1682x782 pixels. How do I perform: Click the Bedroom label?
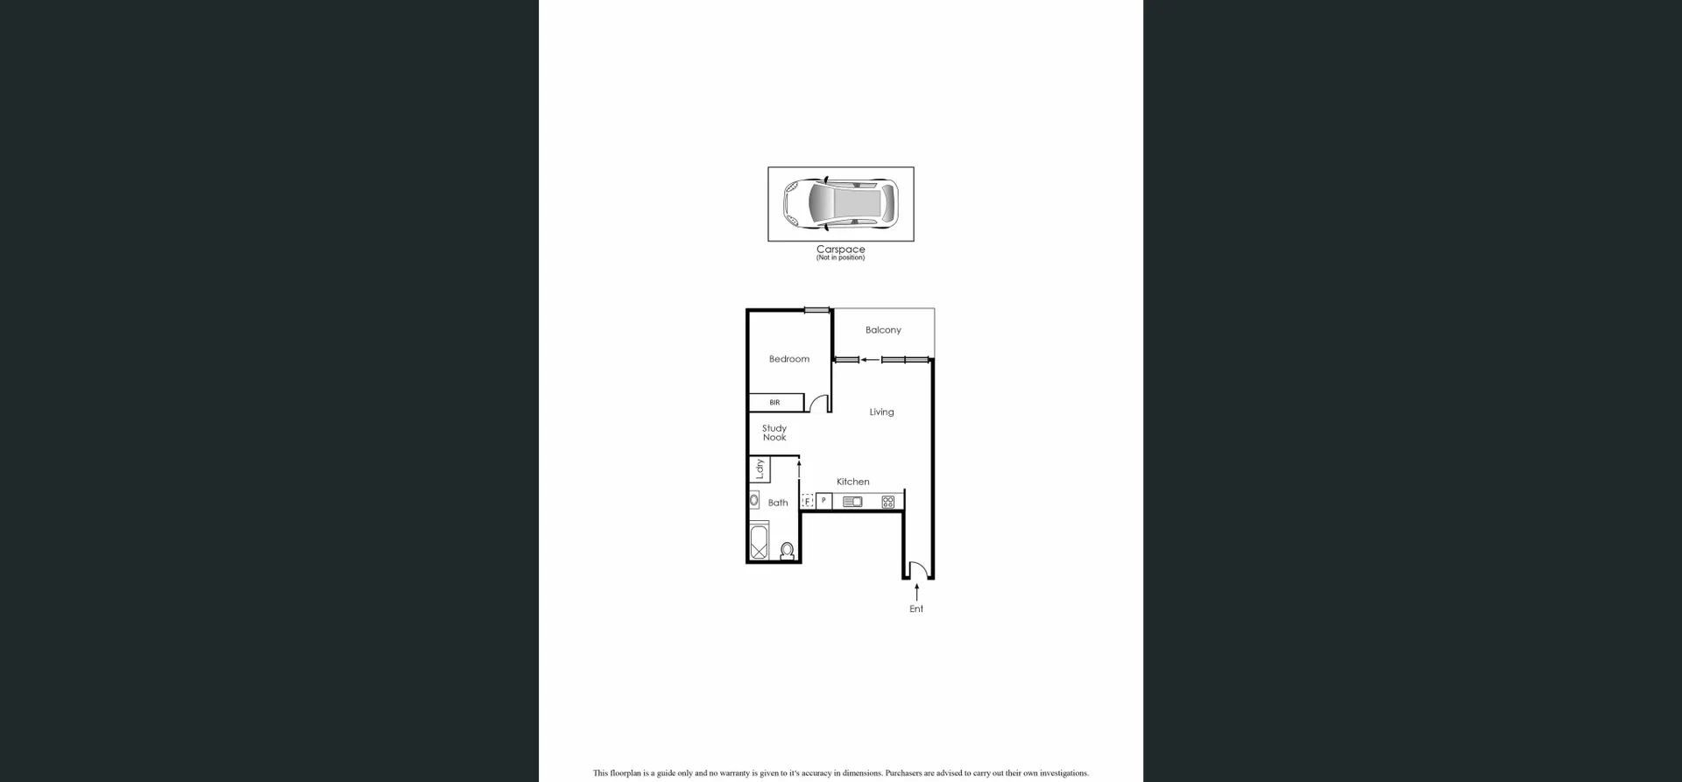788,359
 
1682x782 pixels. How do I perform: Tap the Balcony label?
882,330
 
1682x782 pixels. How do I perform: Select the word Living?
881,412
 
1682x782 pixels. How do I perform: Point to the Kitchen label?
852,482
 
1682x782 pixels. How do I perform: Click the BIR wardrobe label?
774,403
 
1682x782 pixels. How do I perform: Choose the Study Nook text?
774,433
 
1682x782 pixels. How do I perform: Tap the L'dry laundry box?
760,469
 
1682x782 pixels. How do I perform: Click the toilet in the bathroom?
787,551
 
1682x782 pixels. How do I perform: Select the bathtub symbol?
759,541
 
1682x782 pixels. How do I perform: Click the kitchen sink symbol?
852,502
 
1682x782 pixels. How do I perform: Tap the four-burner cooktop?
887,502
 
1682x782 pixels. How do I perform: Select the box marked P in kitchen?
823,501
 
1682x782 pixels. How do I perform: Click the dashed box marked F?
808,502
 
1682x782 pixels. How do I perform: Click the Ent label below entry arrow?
916,609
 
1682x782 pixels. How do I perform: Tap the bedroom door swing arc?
818,404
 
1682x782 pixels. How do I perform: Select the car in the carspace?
840,204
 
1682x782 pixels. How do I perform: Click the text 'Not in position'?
840,257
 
